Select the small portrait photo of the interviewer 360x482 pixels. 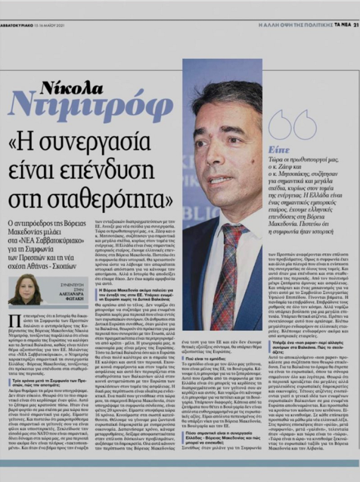[x=25, y=289]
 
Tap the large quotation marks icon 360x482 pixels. [x=292, y=125]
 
